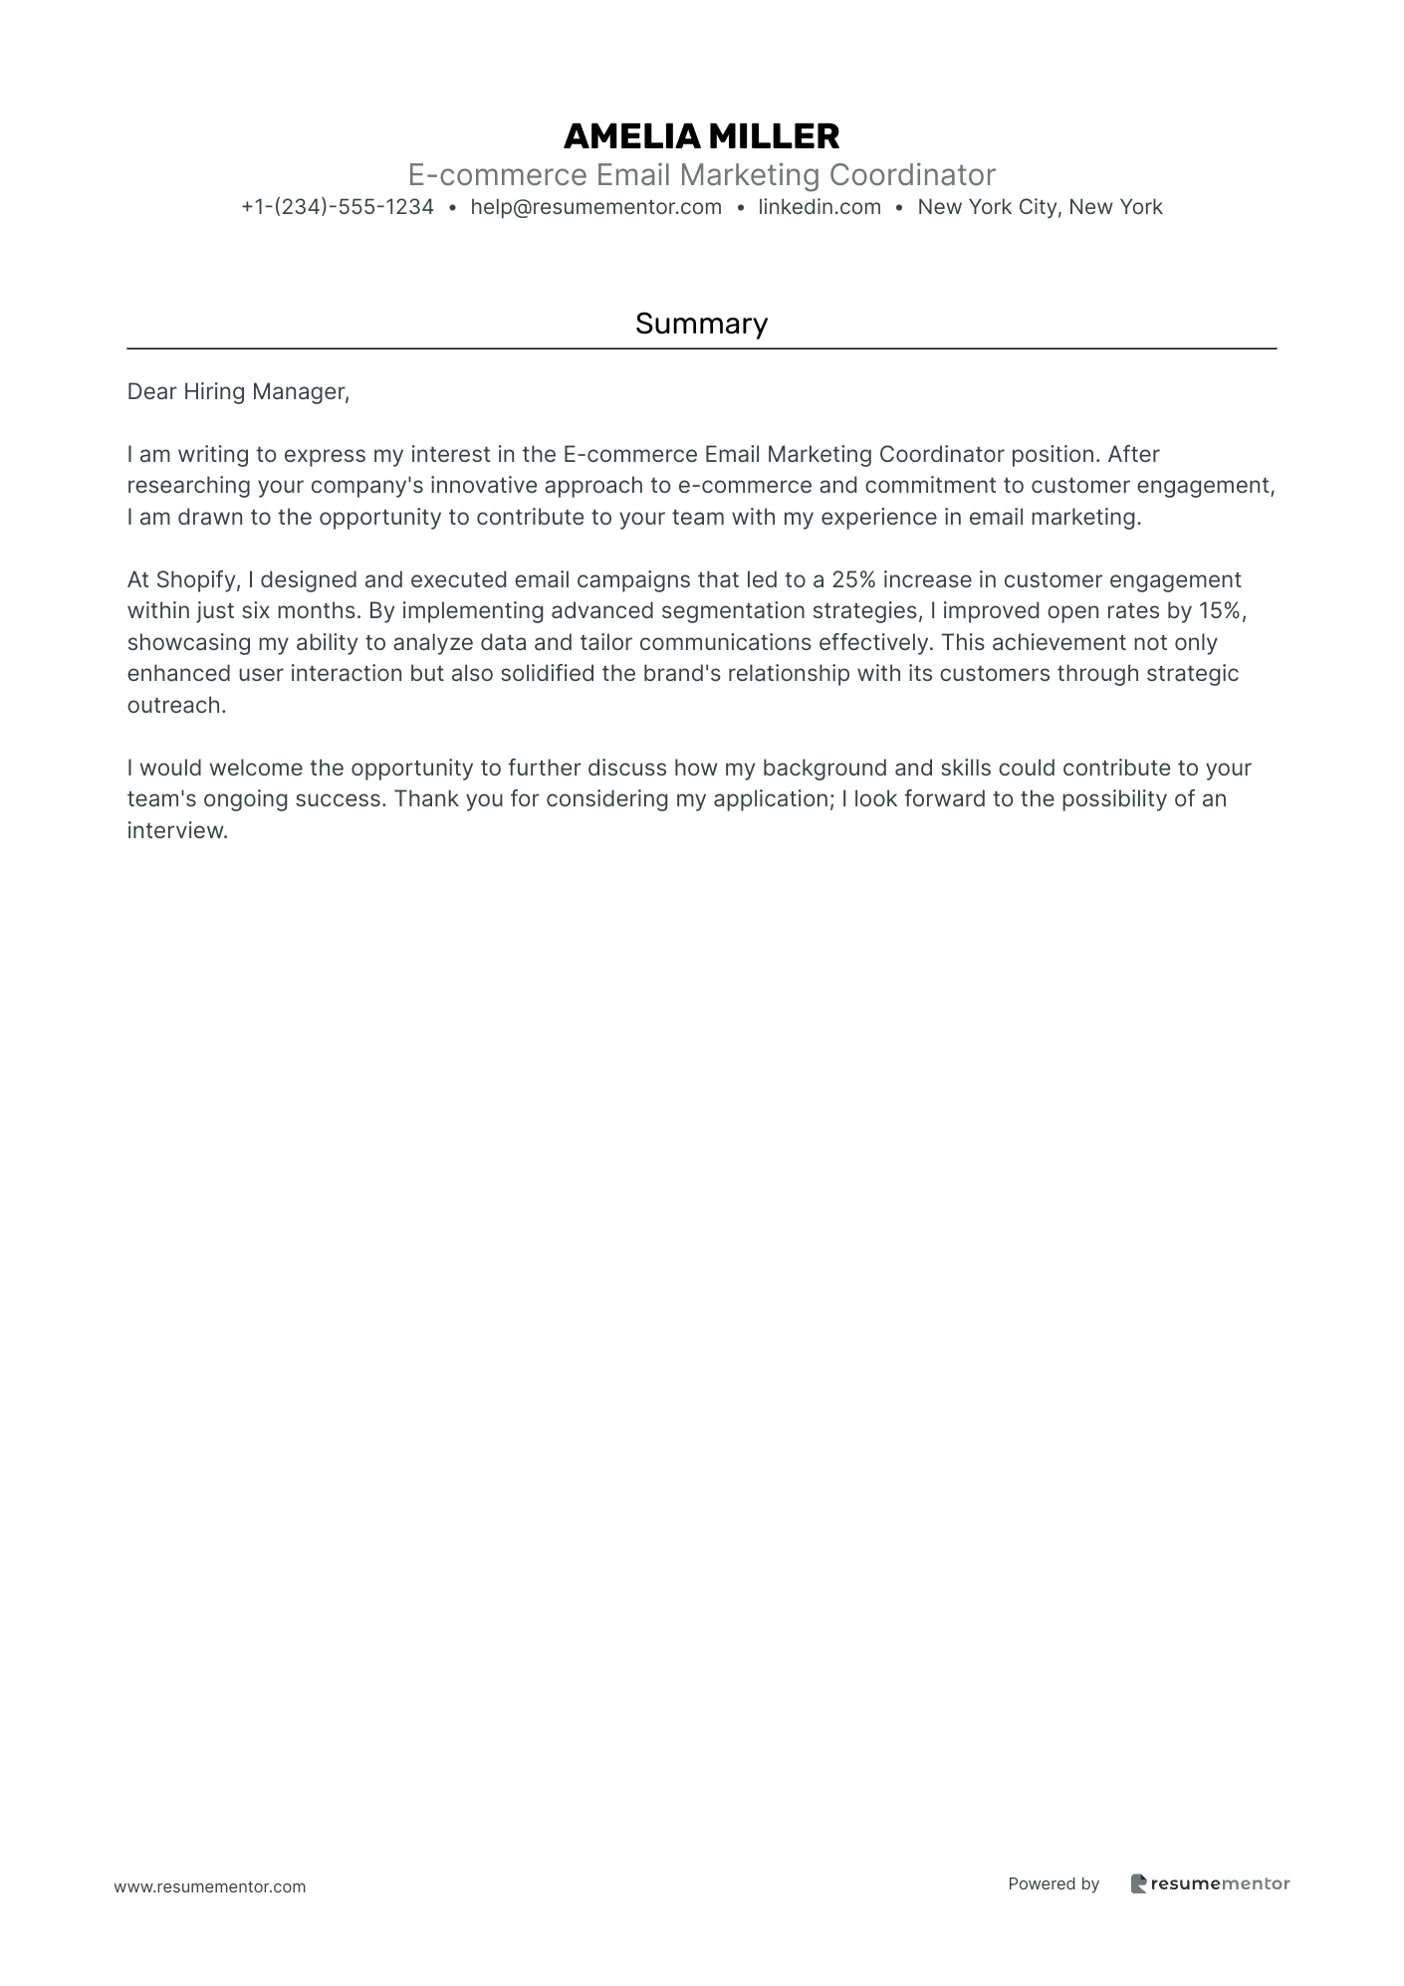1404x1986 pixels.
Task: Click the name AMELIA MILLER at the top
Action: (x=701, y=135)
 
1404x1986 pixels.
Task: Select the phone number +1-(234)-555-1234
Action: (x=338, y=207)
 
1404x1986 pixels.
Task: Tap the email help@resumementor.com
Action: (x=595, y=207)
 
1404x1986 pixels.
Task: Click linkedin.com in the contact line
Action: (x=819, y=207)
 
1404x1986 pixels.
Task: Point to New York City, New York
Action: (x=1040, y=207)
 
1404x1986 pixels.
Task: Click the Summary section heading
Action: (x=701, y=324)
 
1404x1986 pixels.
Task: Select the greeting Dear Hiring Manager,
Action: (x=238, y=392)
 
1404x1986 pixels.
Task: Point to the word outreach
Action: (x=175, y=706)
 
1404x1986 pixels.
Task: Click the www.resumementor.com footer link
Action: (x=210, y=1886)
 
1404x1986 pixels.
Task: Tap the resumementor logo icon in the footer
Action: (x=1138, y=1883)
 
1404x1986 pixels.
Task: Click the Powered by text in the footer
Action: (x=1053, y=1883)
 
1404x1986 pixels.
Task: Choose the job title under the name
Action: (x=701, y=175)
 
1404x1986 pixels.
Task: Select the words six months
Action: (x=299, y=611)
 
